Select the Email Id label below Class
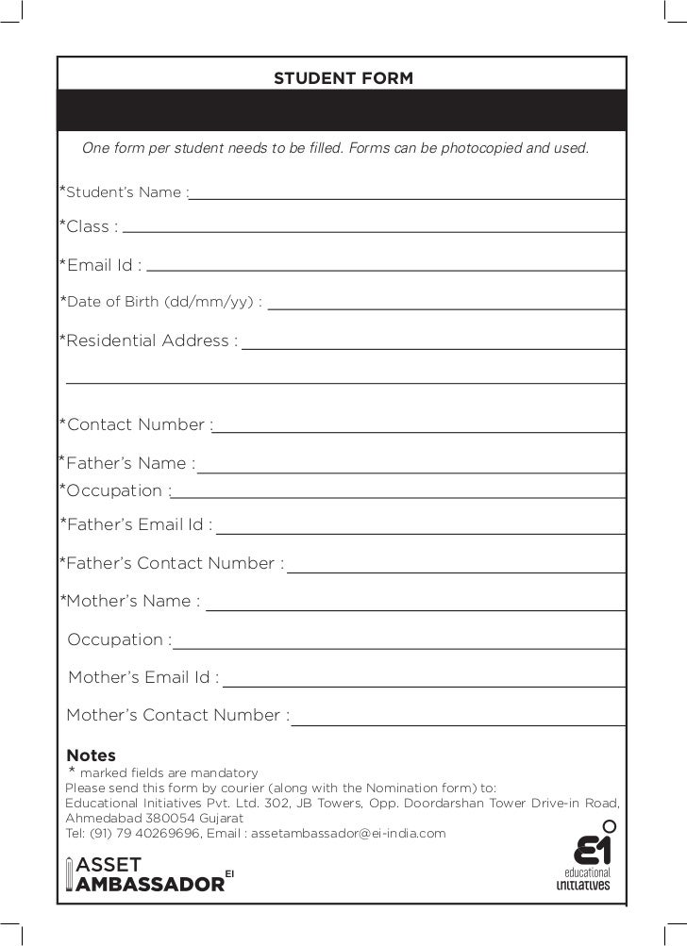click(100, 265)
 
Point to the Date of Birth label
click(160, 303)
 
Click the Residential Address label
click(148, 340)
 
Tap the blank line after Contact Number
click(420, 430)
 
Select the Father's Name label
click(127, 463)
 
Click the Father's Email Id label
click(136, 525)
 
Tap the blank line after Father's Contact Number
click(457, 570)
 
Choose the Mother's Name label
click(130, 601)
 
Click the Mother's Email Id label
click(143, 677)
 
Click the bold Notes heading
click(92, 755)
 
